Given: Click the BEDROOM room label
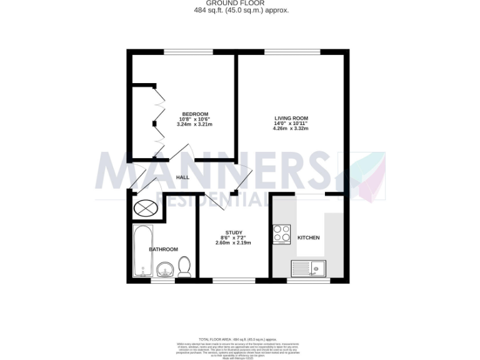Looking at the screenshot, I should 195,114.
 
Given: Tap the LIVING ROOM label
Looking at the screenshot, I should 291,118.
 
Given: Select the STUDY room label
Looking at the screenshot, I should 234,232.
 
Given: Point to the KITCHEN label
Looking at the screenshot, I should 308,238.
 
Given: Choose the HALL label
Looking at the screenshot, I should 182,177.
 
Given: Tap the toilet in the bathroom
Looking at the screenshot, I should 184,266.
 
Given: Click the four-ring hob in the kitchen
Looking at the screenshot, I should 282,234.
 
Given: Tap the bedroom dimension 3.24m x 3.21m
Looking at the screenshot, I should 195,124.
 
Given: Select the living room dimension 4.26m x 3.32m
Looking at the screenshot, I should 291,129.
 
